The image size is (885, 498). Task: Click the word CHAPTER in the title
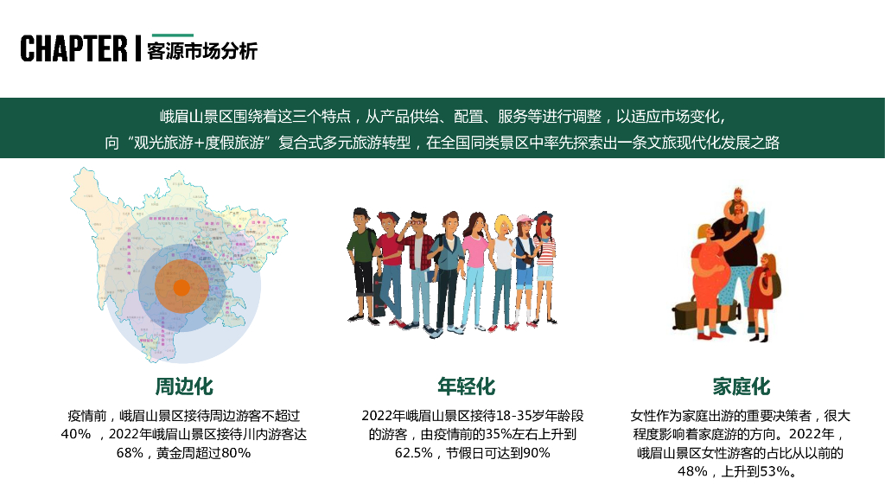coord(73,49)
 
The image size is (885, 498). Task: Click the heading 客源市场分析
coord(202,50)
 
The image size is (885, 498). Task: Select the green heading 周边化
coord(183,386)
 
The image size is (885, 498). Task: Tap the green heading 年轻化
coord(466,386)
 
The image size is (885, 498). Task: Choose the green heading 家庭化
coord(741,386)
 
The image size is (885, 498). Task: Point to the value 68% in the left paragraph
coord(129,453)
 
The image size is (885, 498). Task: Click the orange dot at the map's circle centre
coord(181,287)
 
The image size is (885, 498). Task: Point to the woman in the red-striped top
coord(544,259)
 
